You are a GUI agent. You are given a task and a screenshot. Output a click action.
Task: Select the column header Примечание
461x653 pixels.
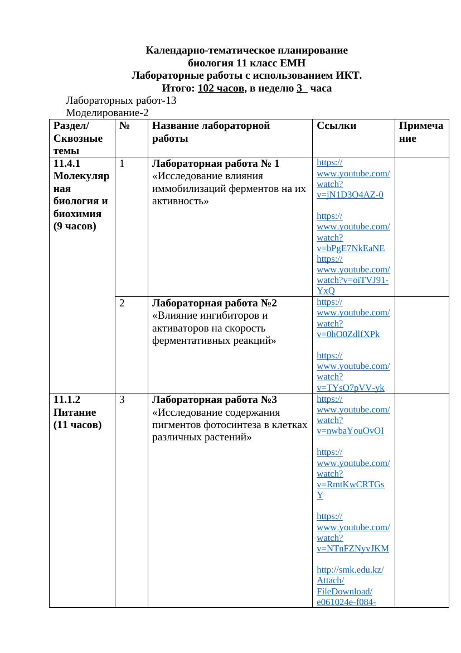pyautogui.click(x=421, y=132)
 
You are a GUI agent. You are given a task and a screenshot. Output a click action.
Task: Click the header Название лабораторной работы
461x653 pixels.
pyautogui.click(x=211, y=132)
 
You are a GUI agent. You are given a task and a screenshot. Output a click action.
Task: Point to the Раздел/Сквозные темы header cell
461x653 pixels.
pyautogui.click(x=78, y=138)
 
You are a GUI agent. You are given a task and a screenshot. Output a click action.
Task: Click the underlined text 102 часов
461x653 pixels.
pyautogui.click(x=221, y=88)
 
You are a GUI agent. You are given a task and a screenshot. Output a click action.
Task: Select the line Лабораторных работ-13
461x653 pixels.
pyautogui.click(x=121, y=101)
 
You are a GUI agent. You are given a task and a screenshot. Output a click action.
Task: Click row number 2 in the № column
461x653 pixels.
pyautogui.click(x=122, y=303)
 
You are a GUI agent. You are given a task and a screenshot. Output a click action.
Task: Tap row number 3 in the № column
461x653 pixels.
pyautogui.click(x=122, y=400)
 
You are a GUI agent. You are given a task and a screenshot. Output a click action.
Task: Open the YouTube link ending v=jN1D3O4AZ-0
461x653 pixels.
pyautogui.click(x=350, y=195)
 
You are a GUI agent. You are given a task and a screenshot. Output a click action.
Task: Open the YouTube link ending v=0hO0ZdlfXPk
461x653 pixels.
pyautogui.click(x=348, y=334)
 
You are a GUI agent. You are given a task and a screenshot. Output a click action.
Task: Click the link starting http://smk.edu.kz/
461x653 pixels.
pyautogui.click(x=350, y=570)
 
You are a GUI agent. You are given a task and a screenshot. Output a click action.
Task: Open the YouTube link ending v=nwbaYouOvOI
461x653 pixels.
pyautogui.click(x=350, y=431)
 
